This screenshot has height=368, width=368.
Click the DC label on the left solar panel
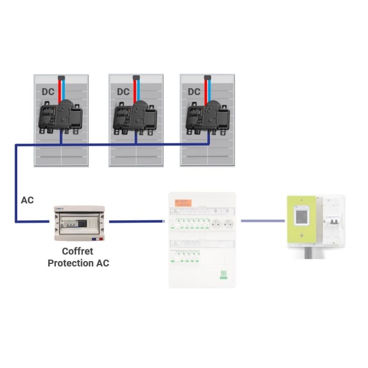coord(48,92)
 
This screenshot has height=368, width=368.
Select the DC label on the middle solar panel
coord(124,92)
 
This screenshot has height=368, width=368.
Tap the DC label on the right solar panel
coord(194,92)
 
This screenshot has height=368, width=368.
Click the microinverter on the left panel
coord(59,116)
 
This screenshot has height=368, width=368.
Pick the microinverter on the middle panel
coord(135,116)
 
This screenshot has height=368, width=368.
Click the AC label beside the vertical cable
coord(27,201)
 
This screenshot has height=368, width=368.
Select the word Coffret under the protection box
coord(78,252)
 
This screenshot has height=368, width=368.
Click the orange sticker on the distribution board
coord(182,202)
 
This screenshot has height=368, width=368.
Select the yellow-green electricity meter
coord(300,221)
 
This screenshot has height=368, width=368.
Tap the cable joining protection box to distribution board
coord(136,220)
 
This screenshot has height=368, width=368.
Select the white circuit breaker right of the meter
coord(332,222)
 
